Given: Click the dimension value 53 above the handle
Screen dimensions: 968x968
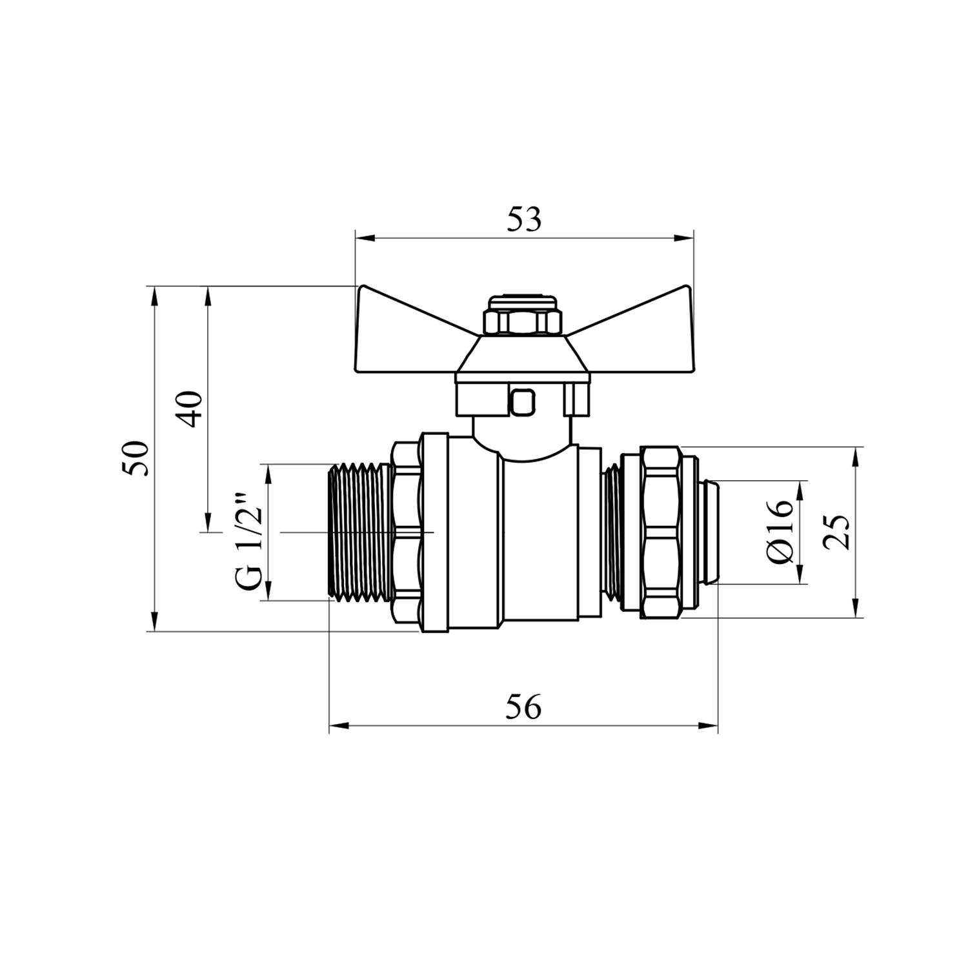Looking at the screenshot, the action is click(524, 220).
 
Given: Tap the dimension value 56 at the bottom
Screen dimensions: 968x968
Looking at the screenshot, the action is click(523, 708).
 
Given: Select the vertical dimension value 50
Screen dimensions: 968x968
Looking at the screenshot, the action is click(137, 459).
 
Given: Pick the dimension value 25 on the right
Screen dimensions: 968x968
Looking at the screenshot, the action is click(837, 532).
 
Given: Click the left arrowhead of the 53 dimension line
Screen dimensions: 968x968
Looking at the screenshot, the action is click(365, 238).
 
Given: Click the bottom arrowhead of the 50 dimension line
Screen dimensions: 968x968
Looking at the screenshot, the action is click(154, 621).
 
